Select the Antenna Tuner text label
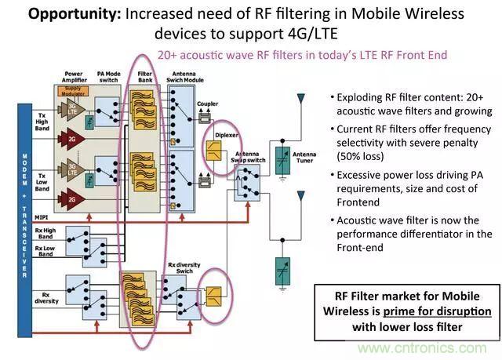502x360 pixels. click(x=304, y=155)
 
